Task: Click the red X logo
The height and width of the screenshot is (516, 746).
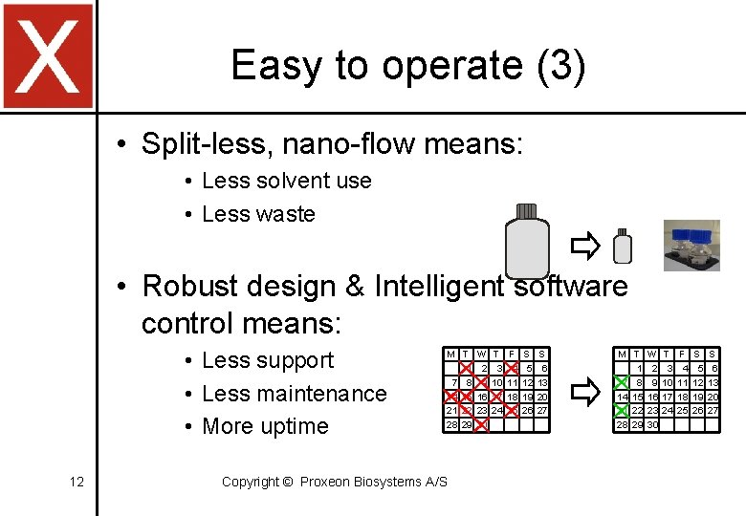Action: coord(48,55)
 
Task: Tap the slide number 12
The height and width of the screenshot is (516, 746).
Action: coord(77,482)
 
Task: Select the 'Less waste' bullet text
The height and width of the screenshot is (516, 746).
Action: coord(258,214)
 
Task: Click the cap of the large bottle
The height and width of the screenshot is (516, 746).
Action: coord(526,211)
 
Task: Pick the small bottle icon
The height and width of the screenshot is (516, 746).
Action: coord(622,247)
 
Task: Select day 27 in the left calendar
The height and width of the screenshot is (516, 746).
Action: coord(542,410)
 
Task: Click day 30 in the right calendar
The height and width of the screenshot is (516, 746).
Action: coord(653,424)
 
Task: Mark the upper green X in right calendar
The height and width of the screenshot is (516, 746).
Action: coord(622,382)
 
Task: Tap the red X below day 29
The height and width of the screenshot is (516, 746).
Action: coord(481,424)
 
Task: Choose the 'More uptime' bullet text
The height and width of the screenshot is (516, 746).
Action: coord(265,426)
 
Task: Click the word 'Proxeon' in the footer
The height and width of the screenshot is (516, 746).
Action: coord(327,482)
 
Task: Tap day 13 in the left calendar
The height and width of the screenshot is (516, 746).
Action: coord(542,382)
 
